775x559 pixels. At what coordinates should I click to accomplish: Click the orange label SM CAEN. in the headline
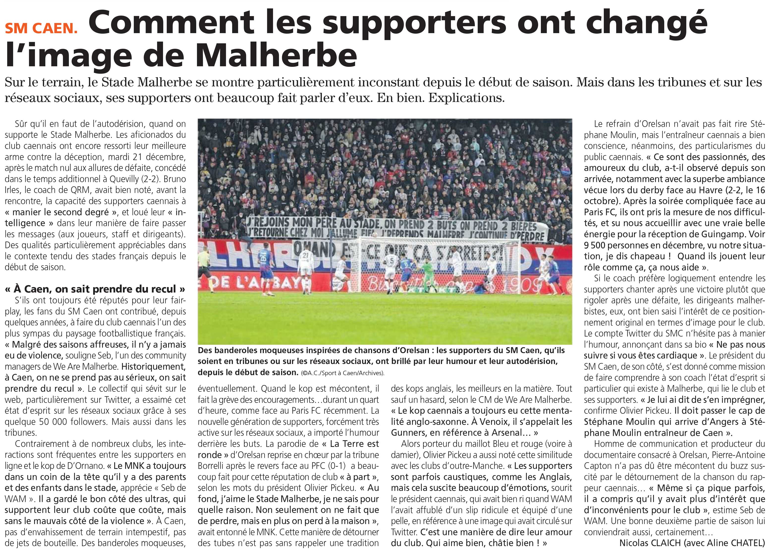tap(41, 28)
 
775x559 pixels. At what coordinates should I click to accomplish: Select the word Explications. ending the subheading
tap(467, 98)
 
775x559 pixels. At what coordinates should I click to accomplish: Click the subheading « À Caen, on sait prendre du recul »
tap(95, 289)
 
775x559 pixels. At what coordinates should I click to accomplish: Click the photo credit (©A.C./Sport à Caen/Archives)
tap(342, 373)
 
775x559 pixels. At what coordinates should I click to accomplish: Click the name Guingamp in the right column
tap(716, 234)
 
